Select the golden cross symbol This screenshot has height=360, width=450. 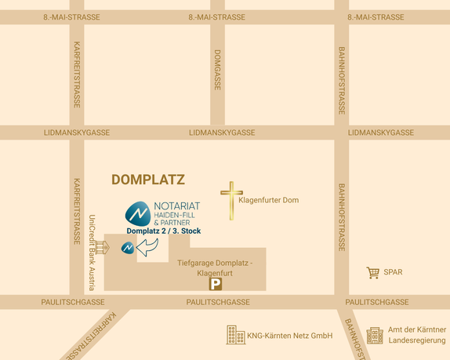(x=231, y=200)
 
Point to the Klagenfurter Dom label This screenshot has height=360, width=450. (x=268, y=201)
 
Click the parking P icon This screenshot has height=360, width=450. (x=215, y=285)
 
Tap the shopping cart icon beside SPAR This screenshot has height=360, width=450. (x=372, y=272)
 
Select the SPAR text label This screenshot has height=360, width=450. (x=393, y=272)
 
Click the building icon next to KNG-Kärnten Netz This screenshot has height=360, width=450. (x=235, y=335)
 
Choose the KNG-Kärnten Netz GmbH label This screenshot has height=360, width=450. (x=290, y=336)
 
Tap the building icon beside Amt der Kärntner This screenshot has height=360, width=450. (x=375, y=335)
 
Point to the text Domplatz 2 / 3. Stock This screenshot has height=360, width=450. (x=164, y=231)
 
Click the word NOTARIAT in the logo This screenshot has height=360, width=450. (x=177, y=206)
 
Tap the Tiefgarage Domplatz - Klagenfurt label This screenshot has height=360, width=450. (x=215, y=267)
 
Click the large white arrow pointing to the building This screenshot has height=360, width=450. (x=147, y=248)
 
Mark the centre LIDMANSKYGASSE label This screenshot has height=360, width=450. (x=222, y=133)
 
